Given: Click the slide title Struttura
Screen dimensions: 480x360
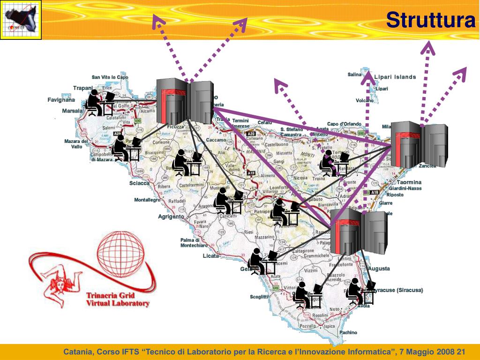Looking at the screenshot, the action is (x=430, y=20).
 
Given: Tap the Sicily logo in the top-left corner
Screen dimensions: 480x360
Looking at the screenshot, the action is (x=21, y=20).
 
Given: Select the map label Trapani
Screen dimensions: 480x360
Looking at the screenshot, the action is (x=83, y=88).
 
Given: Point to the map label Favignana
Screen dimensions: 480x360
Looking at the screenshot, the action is (x=61, y=100).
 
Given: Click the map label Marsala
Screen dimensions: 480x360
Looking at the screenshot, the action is (x=72, y=111).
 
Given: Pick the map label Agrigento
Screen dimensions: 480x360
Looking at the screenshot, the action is (x=171, y=217).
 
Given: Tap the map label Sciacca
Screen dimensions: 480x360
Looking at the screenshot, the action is (x=139, y=183).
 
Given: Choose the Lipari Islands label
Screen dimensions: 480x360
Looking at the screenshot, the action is (x=395, y=77).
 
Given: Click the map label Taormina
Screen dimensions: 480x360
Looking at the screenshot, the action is (x=409, y=182).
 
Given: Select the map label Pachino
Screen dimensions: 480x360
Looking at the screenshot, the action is (x=348, y=332).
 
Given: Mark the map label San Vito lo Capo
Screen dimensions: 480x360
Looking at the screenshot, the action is (x=110, y=77).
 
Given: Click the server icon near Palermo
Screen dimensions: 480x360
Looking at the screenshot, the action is (x=185, y=102).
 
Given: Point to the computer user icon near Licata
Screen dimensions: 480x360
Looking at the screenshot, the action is (x=262, y=261).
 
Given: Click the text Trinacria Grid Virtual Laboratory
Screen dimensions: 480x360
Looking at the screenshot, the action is (x=118, y=299).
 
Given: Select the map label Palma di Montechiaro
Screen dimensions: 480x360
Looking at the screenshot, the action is (x=194, y=242).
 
